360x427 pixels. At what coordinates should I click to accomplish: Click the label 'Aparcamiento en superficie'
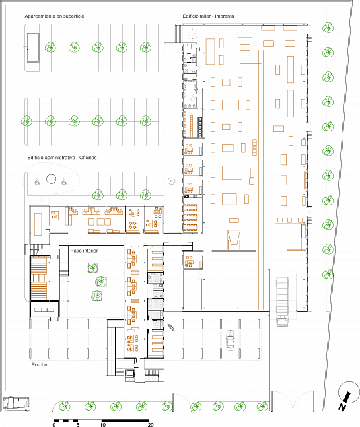click(x=54, y=16)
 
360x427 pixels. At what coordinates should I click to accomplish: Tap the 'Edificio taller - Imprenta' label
click(x=208, y=16)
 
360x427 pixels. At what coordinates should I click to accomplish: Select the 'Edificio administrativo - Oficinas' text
click(x=62, y=158)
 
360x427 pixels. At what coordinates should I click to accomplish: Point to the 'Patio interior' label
click(x=84, y=251)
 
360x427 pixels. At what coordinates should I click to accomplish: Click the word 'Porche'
click(x=39, y=365)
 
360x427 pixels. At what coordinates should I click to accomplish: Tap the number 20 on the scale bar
click(x=151, y=424)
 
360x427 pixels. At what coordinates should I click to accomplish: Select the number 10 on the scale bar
click(x=102, y=424)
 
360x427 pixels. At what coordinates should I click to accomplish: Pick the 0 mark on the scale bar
click(x=54, y=424)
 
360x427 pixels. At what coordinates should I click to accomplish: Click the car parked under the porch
click(x=231, y=340)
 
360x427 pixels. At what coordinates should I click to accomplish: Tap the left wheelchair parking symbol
click(x=38, y=181)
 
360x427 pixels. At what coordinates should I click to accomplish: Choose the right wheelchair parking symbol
click(x=64, y=181)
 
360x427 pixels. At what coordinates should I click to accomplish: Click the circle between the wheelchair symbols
click(x=52, y=180)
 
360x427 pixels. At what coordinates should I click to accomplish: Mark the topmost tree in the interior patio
click(x=92, y=268)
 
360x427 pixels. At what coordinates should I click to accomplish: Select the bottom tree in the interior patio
click(x=96, y=296)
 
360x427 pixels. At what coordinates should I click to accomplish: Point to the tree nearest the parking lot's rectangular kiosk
click(x=50, y=48)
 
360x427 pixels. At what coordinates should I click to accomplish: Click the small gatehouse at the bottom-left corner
click(x=16, y=403)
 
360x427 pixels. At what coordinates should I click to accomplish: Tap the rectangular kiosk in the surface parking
click(x=33, y=48)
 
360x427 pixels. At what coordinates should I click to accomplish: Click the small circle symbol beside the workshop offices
click(x=171, y=181)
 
